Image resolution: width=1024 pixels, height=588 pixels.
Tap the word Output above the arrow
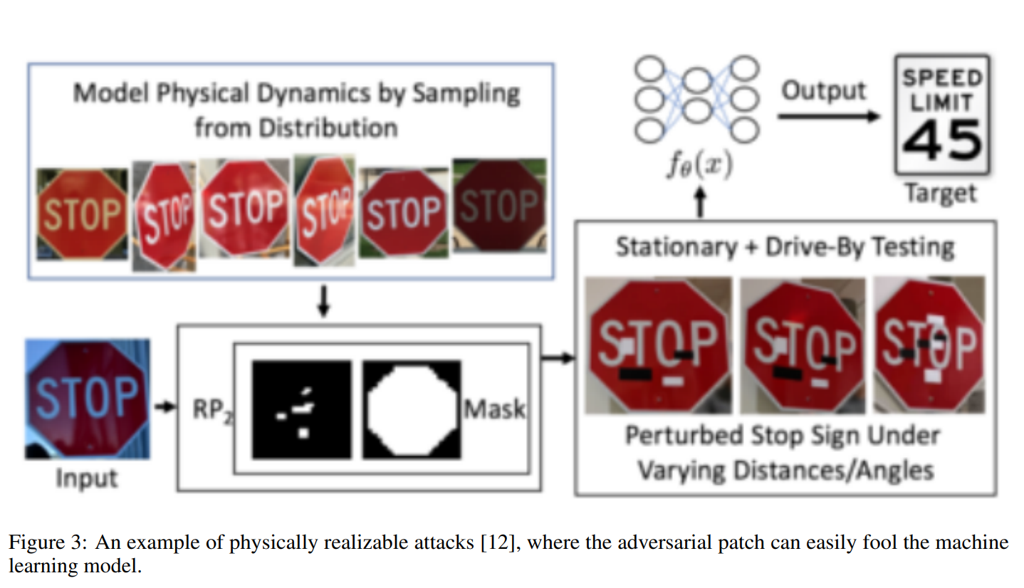pos(823,90)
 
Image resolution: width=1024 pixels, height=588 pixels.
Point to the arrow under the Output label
pos(828,117)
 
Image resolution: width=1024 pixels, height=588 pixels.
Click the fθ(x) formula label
pos(700,164)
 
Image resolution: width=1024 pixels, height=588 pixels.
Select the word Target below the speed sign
pos(941,194)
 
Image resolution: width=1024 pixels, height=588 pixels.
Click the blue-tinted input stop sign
pos(88,399)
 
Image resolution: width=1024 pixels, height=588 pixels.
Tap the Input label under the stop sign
pos(87,478)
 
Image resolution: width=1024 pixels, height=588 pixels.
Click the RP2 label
pos(213,410)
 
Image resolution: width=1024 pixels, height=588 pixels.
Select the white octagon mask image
pos(412,409)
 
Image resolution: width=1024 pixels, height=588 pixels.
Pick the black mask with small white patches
pos(302,409)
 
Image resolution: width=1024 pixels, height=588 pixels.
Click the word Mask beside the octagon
pos(495,409)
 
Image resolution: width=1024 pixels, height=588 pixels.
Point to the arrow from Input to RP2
pos(164,406)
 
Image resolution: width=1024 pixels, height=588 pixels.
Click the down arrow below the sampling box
pos(324,301)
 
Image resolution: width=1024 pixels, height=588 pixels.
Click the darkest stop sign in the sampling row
pos(500,205)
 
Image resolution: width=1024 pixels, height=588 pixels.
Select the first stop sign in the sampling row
pos(83,214)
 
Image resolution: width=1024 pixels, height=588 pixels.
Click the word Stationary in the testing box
pos(676,247)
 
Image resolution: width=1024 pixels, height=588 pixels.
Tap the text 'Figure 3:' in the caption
pos(47,542)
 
